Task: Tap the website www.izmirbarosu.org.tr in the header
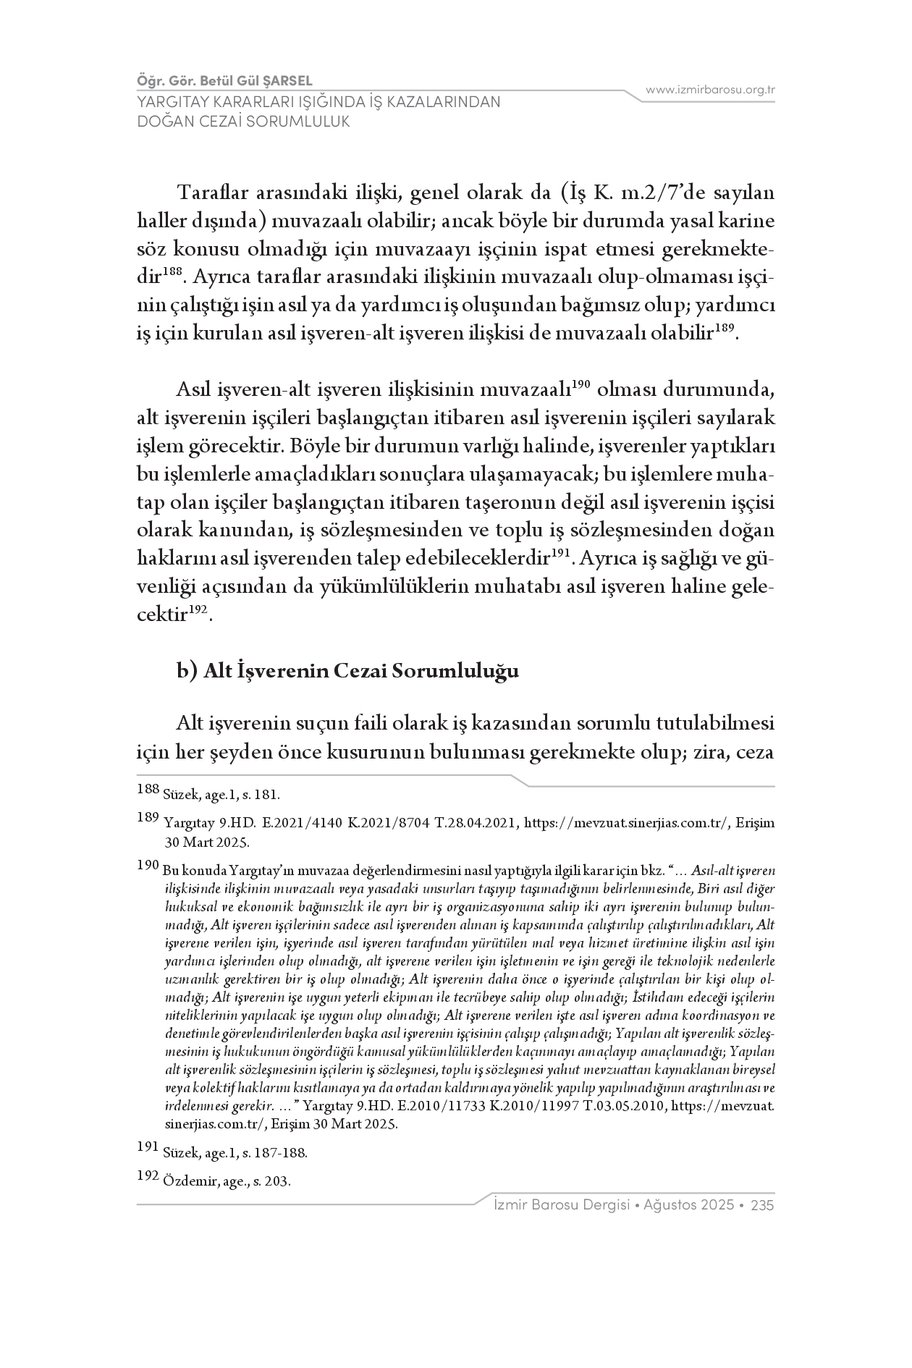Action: coord(710,90)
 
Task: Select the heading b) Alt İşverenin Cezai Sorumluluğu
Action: coord(347,671)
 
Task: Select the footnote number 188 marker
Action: coord(148,790)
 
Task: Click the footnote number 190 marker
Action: coord(148,866)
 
